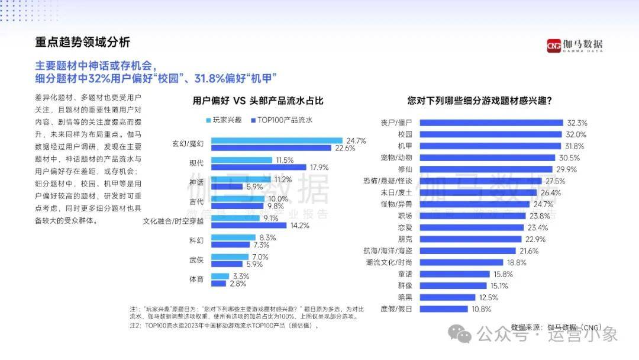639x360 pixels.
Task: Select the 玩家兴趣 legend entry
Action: tap(224, 120)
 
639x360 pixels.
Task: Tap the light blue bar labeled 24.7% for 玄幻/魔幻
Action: tap(276, 141)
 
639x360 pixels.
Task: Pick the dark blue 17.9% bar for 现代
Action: tap(259, 167)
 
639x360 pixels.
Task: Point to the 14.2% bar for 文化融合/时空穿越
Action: tap(248, 225)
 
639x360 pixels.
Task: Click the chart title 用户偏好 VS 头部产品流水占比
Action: tap(259, 101)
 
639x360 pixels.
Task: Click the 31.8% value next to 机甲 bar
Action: tap(575, 146)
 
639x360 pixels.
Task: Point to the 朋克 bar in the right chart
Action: tap(473, 239)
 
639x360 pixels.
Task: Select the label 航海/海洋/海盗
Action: tap(392, 250)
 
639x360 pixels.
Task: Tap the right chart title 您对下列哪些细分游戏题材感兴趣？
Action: tap(480, 101)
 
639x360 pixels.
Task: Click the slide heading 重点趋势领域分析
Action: tap(82, 43)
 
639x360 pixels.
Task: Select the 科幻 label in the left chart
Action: tap(196, 241)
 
